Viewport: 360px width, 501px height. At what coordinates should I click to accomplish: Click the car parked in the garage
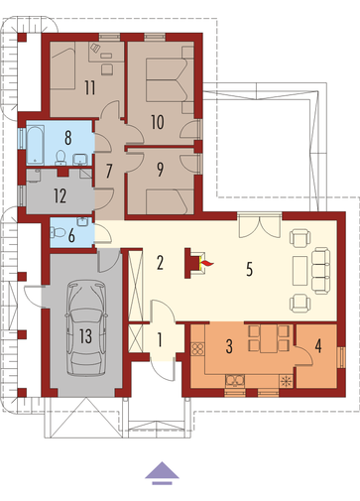(x=86, y=329)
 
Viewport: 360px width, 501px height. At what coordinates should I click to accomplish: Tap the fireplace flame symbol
(x=207, y=264)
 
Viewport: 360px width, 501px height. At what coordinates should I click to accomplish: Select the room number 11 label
(x=90, y=87)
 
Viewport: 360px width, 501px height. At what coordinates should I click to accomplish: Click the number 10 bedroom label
(x=158, y=122)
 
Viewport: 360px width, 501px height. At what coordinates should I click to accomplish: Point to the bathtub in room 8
(x=36, y=145)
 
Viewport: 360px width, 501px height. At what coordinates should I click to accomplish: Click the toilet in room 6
(x=58, y=233)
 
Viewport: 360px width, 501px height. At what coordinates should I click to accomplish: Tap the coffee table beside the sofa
(x=300, y=271)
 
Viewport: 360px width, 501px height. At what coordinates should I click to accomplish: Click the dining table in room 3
(x=269, y=338)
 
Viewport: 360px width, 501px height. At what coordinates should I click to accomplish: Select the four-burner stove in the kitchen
(x=197, y=348)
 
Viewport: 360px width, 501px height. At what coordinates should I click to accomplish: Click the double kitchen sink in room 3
(x=235, y=381)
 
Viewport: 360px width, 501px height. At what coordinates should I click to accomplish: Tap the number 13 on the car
(x=85, y=336)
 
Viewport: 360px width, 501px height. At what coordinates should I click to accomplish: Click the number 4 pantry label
(x=318, y=346)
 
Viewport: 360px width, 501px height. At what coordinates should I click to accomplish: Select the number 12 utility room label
(x=60, y=195)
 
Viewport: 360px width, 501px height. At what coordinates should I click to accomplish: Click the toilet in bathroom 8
(x=60, y=158)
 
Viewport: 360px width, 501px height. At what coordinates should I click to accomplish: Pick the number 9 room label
(x=160, y=170)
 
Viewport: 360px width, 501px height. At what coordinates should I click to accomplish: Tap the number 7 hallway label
(x=109, y=171)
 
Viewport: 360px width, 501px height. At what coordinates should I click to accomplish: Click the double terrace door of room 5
(x=260, y=226)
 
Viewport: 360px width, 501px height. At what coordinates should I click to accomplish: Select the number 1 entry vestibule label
(x=160, y=340)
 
